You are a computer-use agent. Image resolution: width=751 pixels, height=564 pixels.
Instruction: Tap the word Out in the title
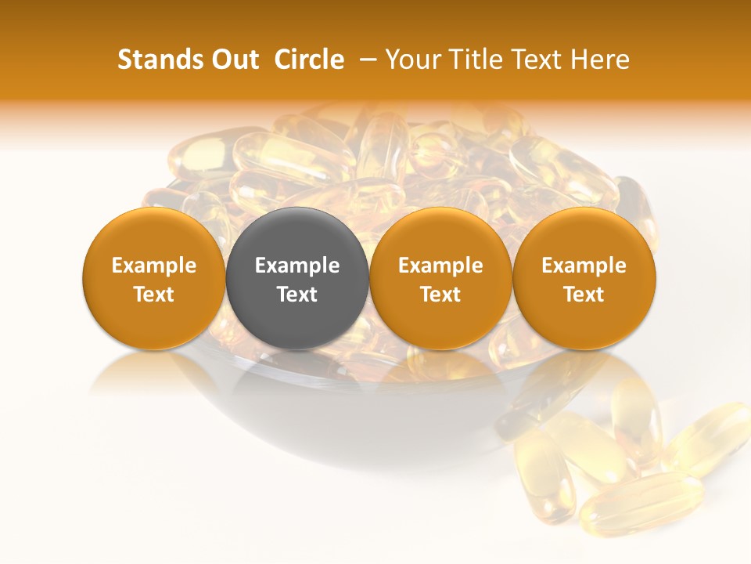235,60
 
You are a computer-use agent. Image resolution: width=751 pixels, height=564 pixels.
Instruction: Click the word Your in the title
411,60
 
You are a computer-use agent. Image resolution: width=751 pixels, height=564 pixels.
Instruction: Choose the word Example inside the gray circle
297,266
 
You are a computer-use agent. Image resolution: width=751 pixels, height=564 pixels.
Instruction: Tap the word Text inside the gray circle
297,295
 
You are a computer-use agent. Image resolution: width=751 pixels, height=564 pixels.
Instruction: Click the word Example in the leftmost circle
154,266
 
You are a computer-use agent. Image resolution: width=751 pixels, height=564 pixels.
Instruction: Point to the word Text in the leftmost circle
154,295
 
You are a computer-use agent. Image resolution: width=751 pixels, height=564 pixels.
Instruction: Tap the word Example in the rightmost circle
584,266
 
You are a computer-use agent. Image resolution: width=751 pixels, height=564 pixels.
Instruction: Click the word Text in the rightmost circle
584,295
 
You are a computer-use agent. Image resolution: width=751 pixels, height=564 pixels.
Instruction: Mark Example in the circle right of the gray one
440,266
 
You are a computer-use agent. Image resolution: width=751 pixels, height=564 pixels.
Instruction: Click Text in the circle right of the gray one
440,295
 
